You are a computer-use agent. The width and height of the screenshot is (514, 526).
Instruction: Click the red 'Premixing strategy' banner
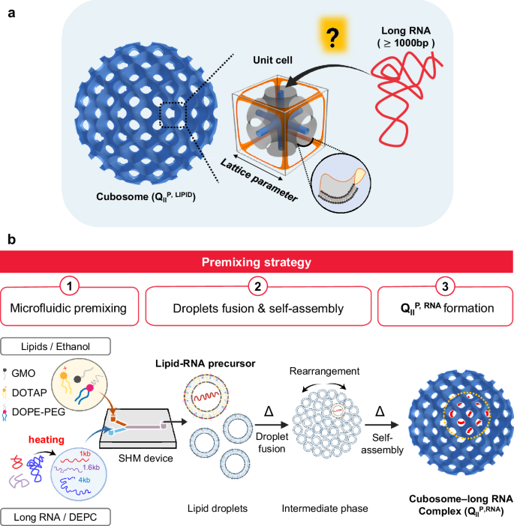pos(257,264)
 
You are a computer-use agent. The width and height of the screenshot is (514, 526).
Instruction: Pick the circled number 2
pos(257,286)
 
